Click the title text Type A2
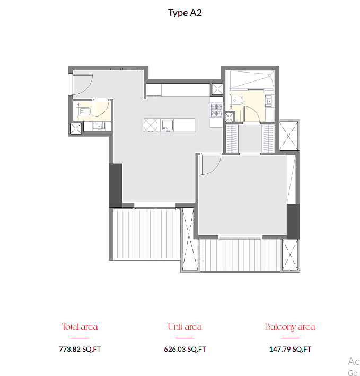(185, 13)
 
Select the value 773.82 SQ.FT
(80, 349)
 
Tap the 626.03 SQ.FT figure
(185, 349)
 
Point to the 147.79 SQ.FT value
(290, 349)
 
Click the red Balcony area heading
(289, 327)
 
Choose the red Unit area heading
(185, 327)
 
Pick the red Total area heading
(80, 327)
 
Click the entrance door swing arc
(89, 87)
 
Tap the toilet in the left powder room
(84, 112)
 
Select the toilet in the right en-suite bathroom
(237, 100)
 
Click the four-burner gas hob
(216, 110)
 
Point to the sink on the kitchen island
(167, 125)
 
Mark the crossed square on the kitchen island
(151, 125)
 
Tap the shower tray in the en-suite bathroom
(252, 80)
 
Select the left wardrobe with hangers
(232, 138)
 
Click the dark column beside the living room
(116, 185)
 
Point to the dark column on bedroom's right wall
(293, 221)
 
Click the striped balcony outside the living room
(146, 234)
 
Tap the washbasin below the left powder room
(99, 127)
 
